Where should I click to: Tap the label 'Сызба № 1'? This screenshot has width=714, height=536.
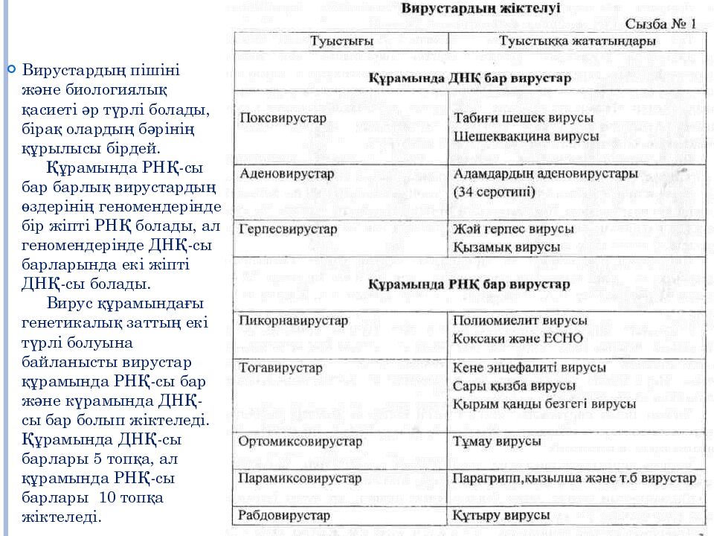pos(660,25)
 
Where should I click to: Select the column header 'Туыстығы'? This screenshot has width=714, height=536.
pos(341,41)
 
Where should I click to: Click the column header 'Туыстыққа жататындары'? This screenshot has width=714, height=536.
pos(577,41)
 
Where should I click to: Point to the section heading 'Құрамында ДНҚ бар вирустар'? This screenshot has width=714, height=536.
pos(470,77)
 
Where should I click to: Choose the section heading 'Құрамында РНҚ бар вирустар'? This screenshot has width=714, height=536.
pos(470,284)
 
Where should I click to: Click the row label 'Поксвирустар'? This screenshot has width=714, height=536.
pos(283,118)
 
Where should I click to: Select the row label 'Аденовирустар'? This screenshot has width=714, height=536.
pos(287,173)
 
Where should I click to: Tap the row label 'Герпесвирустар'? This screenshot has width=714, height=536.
pos(289,229)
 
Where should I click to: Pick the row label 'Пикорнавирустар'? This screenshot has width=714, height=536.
pos(294,321)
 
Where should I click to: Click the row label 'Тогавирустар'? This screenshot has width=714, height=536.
pos(281,368)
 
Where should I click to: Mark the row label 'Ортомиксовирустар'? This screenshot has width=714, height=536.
pos(300,441)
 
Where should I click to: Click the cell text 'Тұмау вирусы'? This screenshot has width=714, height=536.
pos(497,441)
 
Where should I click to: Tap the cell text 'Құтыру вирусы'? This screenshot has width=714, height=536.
pos(501,514)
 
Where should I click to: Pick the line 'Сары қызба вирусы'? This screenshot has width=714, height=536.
pos(514,386)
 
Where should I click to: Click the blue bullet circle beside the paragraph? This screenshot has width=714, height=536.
pos(11,70)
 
